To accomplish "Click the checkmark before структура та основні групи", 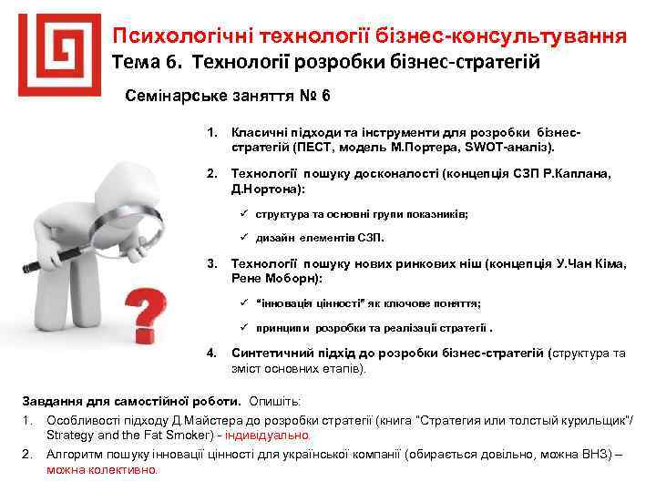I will (x=245, y=212).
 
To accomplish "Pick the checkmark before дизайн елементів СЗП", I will (x=245, y=237).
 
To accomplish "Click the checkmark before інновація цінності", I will (x=245, y=302).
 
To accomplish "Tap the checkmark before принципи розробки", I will (x=245, y=327).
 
